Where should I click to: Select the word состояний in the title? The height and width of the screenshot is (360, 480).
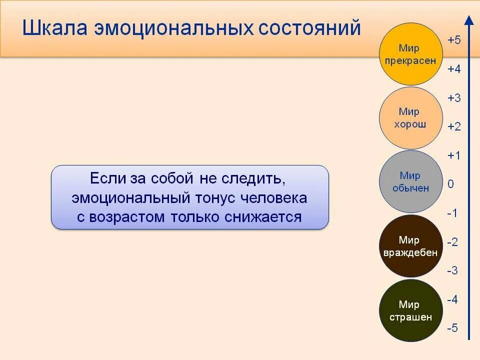[309, 28]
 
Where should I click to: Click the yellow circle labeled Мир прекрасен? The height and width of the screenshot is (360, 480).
[410, 54]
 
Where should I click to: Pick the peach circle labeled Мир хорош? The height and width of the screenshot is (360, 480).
[410, 118]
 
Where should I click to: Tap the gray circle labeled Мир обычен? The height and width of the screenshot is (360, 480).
[410, 181]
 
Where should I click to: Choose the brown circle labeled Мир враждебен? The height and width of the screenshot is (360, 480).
[410, 246]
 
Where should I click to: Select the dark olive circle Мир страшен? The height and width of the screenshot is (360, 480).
[410, 310]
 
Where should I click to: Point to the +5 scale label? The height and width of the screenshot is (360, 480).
[454, 40]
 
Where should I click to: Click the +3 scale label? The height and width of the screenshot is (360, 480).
[454, 98]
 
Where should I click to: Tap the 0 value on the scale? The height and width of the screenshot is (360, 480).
[451, 184]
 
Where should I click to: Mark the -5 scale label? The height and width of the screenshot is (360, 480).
[452, 328]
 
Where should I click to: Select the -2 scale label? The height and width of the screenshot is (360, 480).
[452, 242]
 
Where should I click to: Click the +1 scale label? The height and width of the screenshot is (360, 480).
[454, 155]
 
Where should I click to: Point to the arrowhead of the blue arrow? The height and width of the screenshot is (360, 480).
[469, 20]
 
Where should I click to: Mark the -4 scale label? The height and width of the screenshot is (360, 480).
[452, 300]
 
